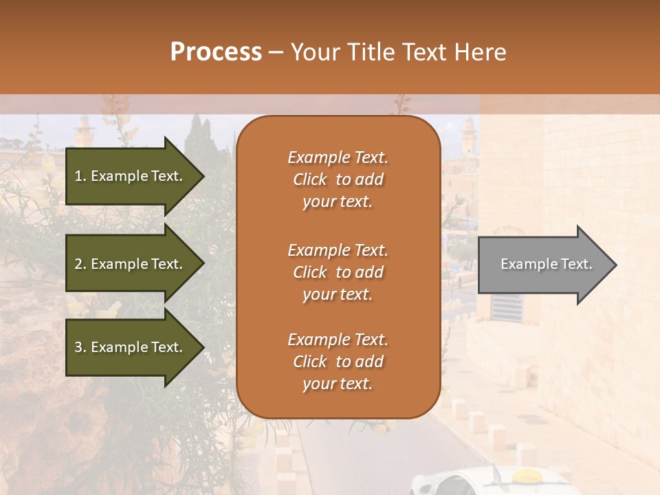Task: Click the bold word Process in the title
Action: (216, 52)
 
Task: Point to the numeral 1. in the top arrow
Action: (80, 176)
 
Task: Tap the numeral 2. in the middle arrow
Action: (80, 264)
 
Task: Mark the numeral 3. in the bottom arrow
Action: (80, 347)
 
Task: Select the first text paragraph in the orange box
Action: (338, 179)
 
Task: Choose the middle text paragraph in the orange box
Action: (338, 272)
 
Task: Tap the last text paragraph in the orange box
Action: (338, 362)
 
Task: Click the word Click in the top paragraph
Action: (310, 180)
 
